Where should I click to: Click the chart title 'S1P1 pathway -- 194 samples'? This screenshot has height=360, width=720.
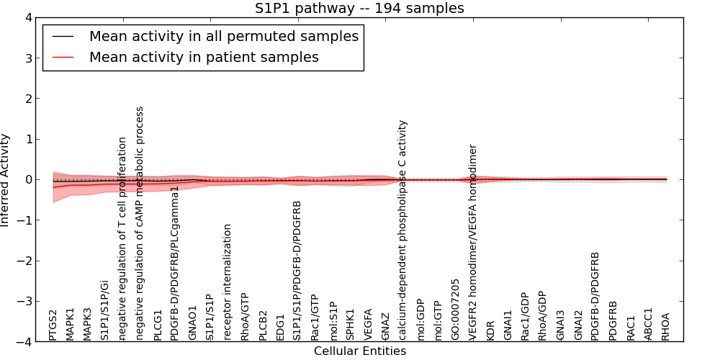(x=359, y=9)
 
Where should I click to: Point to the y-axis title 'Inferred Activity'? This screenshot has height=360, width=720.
(x=6, y=180)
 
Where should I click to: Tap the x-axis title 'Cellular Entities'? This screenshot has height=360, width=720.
(x=359, y=351)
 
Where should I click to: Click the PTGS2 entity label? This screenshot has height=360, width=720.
(x=53, y=325)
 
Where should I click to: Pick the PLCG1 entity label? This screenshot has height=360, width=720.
(x=158, y=325)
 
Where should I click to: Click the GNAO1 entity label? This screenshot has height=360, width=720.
(x=192, y=324)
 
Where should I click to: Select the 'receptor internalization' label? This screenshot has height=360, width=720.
(x=228, y=282)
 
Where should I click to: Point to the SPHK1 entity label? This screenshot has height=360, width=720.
(x=350, y=325)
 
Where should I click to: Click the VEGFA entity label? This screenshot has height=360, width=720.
(x=368, y=325)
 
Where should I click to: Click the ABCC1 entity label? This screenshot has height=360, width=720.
(x=648, y=324)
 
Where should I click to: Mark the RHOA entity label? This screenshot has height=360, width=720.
(x=665, y=326)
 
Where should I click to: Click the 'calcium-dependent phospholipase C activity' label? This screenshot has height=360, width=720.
(x=402, y=230)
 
